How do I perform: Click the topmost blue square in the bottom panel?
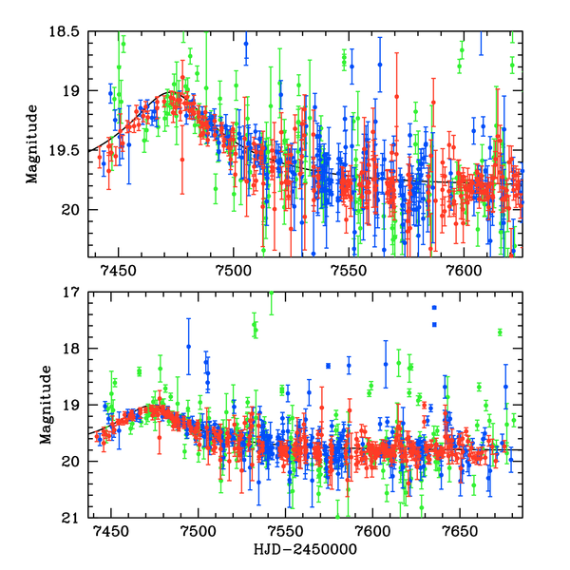point(434,308)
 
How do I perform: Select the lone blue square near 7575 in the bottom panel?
point(328,366)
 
